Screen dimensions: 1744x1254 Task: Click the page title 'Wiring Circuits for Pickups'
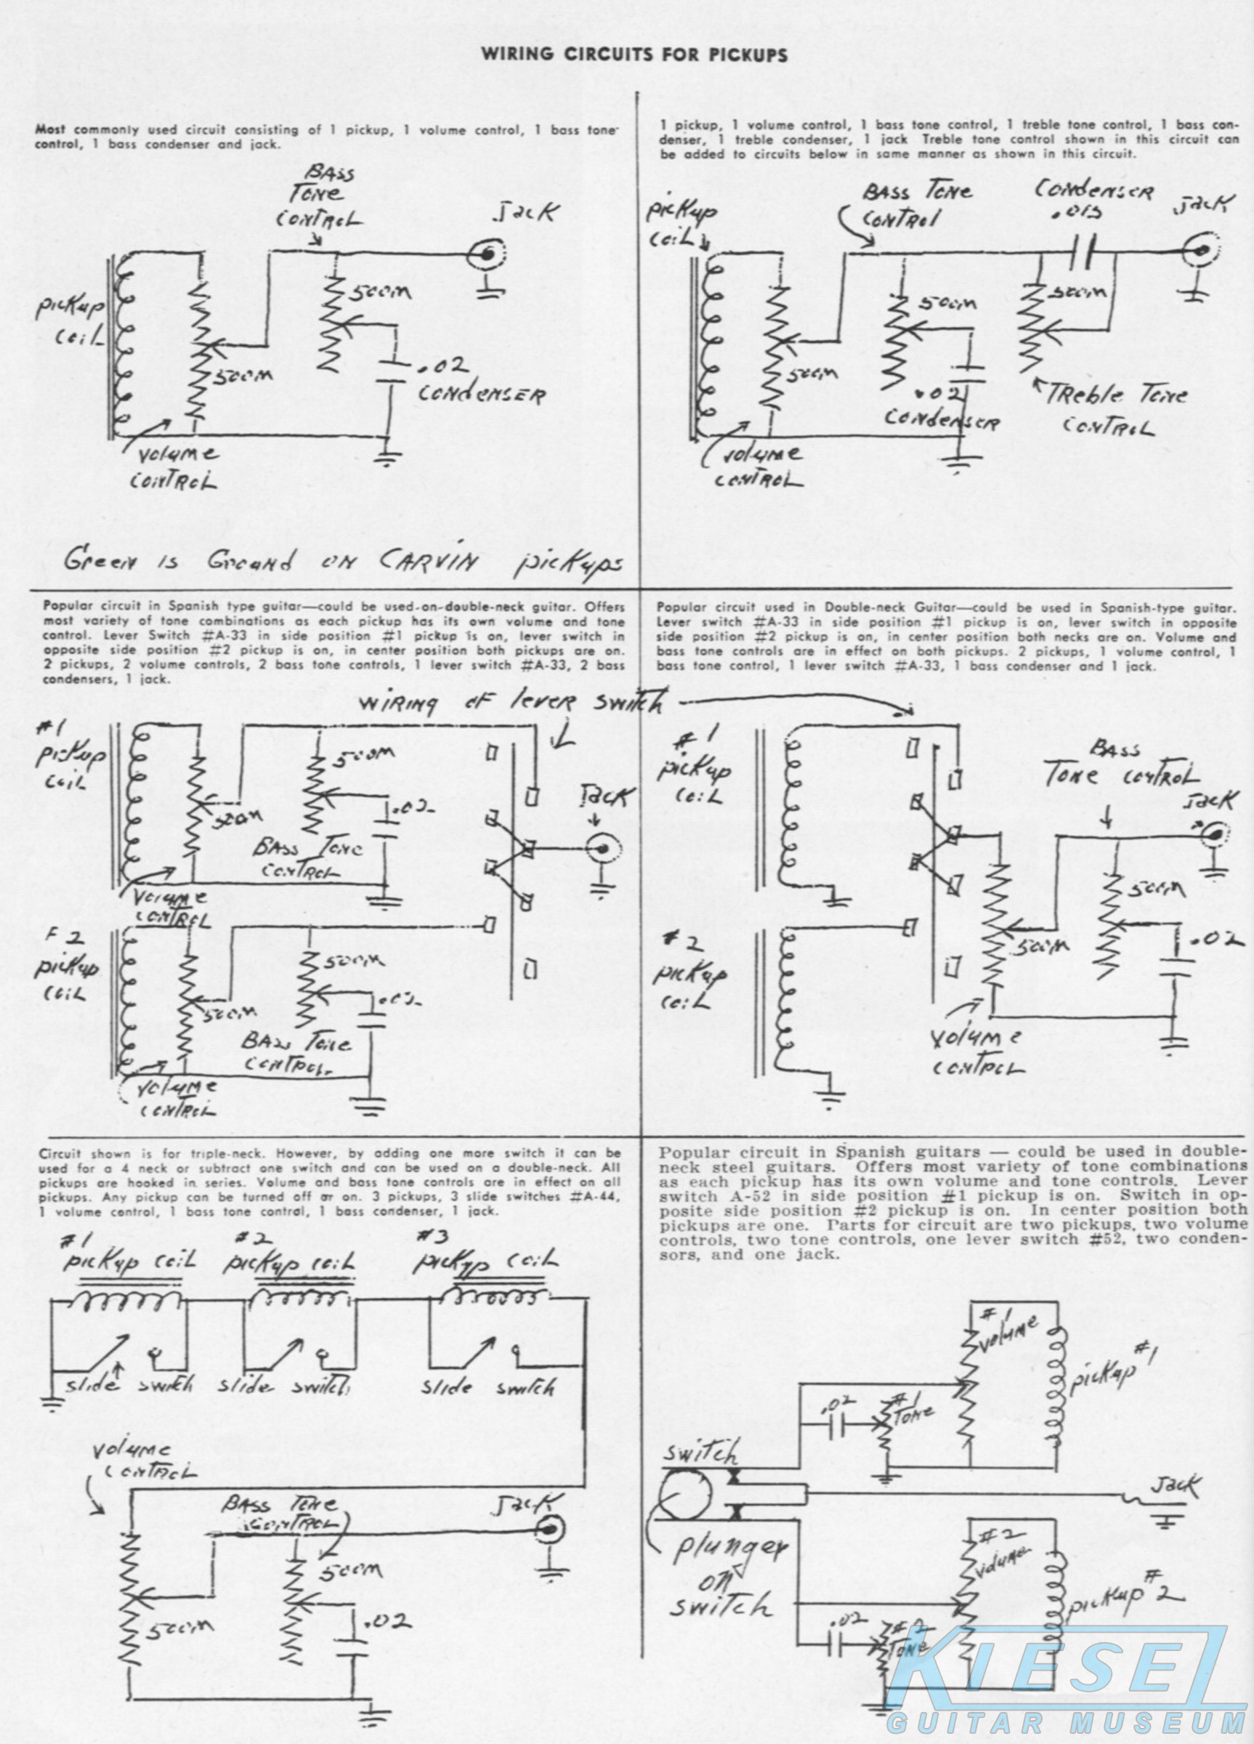click(634, 55)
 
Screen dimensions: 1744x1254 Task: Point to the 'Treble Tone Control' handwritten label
click(1115, 410)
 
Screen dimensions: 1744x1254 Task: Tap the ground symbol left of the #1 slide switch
click(52, 1402)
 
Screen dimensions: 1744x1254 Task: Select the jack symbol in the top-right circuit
click(1197, 250)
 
